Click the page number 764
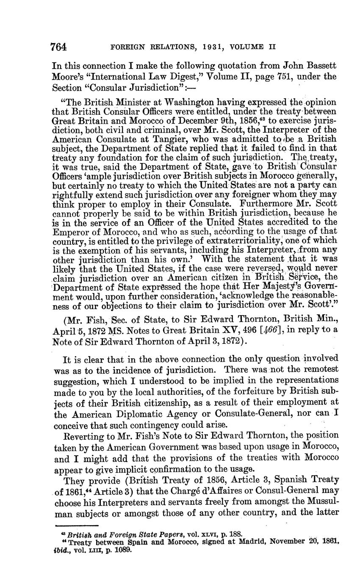(59, 47)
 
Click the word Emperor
(70, 232)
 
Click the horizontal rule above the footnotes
(77, 525)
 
